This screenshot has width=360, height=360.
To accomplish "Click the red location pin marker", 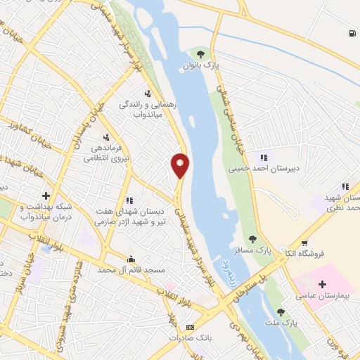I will click(180, 165).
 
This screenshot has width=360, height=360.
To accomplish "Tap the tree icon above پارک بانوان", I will click(202, 53).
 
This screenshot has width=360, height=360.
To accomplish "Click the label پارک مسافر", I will click(252, 250).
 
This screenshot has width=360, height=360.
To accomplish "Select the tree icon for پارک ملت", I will click(282, 312).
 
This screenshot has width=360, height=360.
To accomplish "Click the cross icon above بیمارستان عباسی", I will click(322, 285).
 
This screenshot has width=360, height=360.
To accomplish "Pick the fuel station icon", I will click(350, 33).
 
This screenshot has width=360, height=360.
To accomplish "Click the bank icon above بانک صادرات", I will click(190, 327).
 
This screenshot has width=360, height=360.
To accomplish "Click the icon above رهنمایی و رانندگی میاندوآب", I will click(148, 93).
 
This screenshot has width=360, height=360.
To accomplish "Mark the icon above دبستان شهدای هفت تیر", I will click(129, 200).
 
